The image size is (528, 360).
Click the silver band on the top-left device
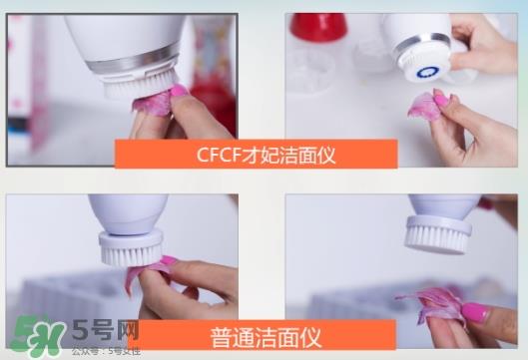pyautogui.click(x=131, y=66)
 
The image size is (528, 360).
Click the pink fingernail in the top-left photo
pyautogui.click(x=179, y=91)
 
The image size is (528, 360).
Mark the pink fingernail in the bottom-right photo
pyautogui.click(x=474, y=311)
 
